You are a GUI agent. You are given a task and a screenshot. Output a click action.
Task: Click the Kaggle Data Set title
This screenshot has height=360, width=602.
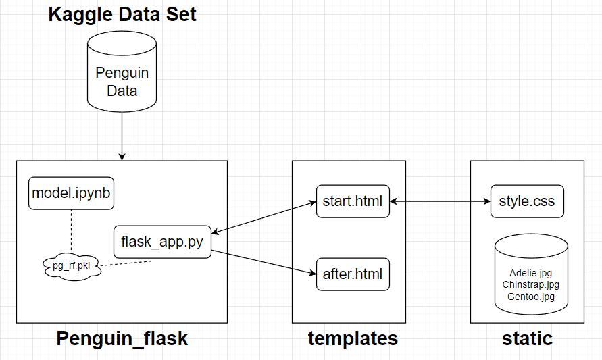click(122, 14)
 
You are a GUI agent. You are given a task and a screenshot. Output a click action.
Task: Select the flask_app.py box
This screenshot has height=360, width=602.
click(162, 241)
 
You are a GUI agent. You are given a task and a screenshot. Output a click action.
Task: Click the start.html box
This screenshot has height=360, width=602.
click(353, 201)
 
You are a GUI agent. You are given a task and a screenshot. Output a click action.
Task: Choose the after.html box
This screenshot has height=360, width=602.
click(353, 274)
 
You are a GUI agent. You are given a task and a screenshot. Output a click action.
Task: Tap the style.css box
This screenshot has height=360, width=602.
click(526, 201)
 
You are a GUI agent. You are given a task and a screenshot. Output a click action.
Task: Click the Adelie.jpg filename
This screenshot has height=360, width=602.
click(530, 274)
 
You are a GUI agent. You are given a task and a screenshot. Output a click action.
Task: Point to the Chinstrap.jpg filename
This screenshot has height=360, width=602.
click(530, 285)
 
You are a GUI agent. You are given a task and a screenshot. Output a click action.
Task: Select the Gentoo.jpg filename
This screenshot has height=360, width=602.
click(530, 297)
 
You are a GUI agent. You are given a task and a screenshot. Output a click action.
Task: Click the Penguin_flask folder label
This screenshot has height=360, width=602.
click(122, 338)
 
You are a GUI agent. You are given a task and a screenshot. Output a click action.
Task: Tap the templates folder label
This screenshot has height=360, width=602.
click(353, 338)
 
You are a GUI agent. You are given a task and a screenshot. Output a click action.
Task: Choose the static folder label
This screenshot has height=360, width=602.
click(527, 338)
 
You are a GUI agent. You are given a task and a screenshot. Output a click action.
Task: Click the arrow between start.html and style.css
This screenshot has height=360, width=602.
click(440, 201)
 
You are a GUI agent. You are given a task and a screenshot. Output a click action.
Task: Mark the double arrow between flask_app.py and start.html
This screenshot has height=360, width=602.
click(264, 216)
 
